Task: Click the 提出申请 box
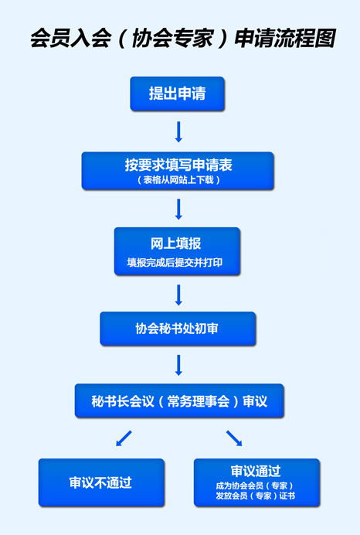[x=177, y=94]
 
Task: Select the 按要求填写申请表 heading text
[x=178, y=165]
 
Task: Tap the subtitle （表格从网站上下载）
[x=178, y=180]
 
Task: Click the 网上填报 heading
[x=176, y=244]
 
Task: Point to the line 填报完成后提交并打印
[x=175, y=262]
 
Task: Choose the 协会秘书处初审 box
[x=178, y=329]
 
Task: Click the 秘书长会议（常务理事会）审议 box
[x=179, y=401]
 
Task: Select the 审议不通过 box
[x=102, y=482]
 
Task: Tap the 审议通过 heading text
[x=256, y=471]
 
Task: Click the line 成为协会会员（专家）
[x=254, y=486]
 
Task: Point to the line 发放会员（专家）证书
[x=256, y=496]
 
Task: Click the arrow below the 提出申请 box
[x=178, y=131]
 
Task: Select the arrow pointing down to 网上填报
[x=178, y=210]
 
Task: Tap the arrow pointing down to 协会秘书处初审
[x=178, y=295]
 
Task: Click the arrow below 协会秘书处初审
[x=178, y=365]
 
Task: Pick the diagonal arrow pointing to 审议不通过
[x=124, y=438]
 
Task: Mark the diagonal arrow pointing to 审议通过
[x=234, y=438]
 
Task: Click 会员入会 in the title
[x=71, y=38]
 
